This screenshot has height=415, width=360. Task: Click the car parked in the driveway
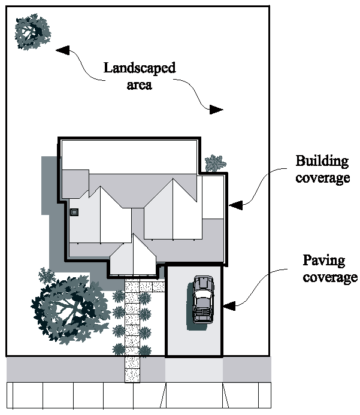[202, 299]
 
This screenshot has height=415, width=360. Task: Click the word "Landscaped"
[140, 68]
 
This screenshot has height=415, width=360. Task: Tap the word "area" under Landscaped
[140, 84]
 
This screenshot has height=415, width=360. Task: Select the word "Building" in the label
[322, 161]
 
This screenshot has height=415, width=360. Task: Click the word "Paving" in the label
[324, 260]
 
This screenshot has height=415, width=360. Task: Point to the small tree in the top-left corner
[32, 32]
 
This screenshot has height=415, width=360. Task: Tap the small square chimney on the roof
[75, 211]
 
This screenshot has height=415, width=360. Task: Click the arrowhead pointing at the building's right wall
[235, 204]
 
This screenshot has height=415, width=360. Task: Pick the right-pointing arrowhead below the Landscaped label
[216, 110]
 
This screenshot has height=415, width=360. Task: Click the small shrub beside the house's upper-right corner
[214, 163]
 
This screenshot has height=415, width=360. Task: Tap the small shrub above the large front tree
[46, 275]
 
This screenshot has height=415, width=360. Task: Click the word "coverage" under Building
[322, 178]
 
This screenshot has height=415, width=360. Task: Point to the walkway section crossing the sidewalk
[132, 369]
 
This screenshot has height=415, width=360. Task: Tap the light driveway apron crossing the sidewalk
[194, 369]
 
